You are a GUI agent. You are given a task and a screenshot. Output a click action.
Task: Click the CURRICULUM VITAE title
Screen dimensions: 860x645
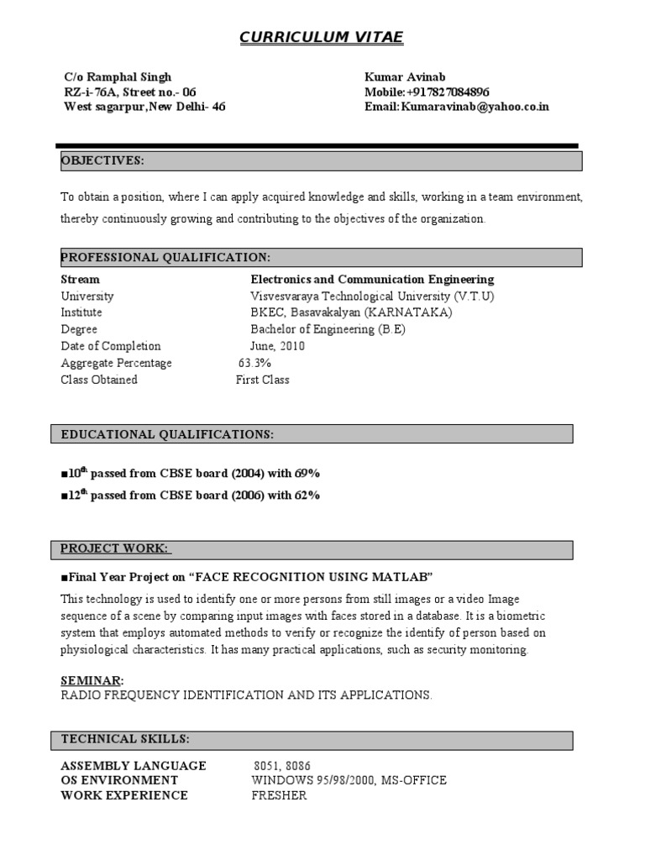(322, 37)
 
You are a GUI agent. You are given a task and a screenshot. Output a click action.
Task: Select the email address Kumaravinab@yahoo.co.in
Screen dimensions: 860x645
(475, 107)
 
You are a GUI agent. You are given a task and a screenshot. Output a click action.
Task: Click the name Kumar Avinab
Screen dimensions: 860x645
(399, 76)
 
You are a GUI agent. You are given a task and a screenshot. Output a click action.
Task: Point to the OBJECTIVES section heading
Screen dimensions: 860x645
(102, 160)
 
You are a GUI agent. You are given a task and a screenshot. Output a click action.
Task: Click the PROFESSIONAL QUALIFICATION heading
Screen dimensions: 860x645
(165, 256)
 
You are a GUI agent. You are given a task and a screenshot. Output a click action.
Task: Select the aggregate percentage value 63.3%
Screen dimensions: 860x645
(254, 363)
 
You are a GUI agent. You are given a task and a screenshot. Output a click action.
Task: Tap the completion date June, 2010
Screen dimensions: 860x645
(277, 346)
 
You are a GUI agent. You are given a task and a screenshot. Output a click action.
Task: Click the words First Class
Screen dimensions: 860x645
(263, 380)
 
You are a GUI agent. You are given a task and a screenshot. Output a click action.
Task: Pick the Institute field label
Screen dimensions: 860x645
(81, 312)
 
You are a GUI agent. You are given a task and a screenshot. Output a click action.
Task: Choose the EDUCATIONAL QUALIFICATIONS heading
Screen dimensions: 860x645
(167, 434)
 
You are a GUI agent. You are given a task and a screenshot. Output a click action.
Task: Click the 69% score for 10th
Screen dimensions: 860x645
(307, 474)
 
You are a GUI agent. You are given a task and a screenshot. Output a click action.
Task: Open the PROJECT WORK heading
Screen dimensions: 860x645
(115, 548)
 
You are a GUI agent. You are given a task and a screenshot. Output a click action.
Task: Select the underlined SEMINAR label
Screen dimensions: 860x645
(92, 679)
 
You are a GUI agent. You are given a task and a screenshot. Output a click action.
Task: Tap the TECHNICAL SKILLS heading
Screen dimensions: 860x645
(125, 739)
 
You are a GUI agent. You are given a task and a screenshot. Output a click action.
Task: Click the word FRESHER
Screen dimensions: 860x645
(279, 795)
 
